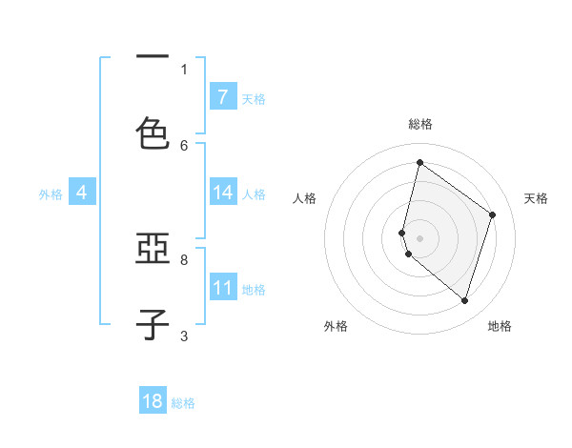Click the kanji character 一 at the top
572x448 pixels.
pyautogui.click(x=153, y=57)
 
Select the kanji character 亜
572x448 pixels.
pyautogui.click(x=153, y=251)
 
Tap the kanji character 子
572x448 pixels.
pyautogui.click(x=153, y=324)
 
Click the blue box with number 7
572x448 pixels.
pyautogui.click(x=223, y=96)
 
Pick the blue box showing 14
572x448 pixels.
pyautogui.click(x=223, y=193)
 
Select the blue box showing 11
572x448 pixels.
pyautogui.click(x=223, y=288)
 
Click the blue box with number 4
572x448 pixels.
pyautogui.click(x=82, y=193)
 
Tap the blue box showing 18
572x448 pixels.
pyautogui.click(x=153, y=401)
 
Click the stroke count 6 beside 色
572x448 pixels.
pyautogui.click(x=184, y=146)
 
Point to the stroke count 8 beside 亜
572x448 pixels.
pyautogui.click(x=184, y=258)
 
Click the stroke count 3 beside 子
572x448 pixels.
pyautogui.click(x=184, y=336)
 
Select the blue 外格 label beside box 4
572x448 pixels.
pyautogui.click(x=51, y=193)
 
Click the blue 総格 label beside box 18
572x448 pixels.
pyautogui.click(x=183, y=403)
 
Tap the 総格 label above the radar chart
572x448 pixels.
pyautogui.click(x=420, y=124)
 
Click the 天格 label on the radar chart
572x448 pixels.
pyautogui.click(x=537, y=198)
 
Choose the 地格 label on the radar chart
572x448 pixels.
pyautogui.click(x=500, y=327)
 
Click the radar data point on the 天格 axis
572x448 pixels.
pyautogui.click(x=493, y=214)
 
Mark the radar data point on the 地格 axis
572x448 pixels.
pyautogui.click(x=464, y=301)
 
